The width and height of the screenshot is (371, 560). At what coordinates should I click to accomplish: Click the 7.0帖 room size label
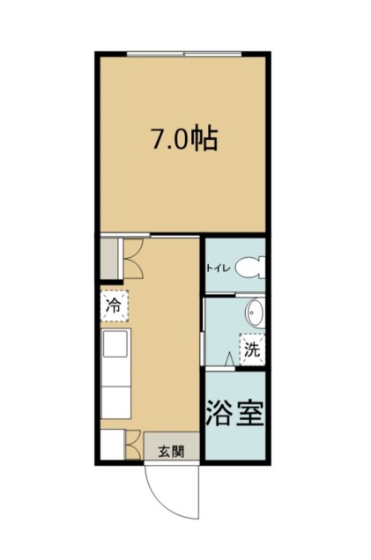(185, 138)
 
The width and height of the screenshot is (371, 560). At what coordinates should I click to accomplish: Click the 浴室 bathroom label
(234, 413)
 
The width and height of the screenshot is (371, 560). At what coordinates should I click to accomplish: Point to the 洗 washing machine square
(252, 350)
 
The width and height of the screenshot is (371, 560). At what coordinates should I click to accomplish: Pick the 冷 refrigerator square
(114, 306)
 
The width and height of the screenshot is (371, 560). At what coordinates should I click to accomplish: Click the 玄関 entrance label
(171, 452)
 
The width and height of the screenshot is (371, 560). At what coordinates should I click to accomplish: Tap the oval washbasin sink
(255, 313)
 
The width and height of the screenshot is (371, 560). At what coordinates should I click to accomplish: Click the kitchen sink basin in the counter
(115, 343)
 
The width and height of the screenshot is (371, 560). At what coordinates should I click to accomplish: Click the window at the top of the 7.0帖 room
(184, 55)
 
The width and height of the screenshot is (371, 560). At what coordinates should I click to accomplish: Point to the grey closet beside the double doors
(108, 258)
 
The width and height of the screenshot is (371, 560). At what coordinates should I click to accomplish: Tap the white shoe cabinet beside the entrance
(112, 445)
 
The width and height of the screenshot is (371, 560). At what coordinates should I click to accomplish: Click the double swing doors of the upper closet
(133, 258)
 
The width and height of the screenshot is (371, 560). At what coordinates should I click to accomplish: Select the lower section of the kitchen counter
(115, 402)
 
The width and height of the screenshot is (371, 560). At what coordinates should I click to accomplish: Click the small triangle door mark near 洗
(229, 359)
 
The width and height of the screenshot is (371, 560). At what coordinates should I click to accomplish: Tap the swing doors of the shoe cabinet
(133, 445)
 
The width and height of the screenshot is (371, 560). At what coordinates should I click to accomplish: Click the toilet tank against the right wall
(263, 267)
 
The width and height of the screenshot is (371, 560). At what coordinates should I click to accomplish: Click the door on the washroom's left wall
(203, 349)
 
